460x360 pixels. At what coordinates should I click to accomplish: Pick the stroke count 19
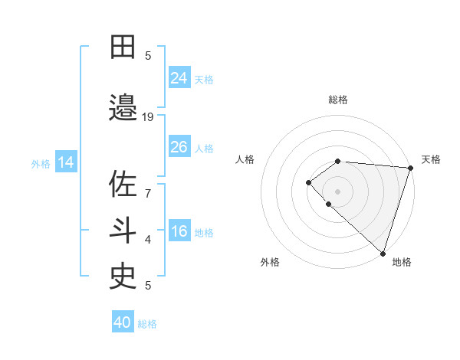click(x=149, y=117)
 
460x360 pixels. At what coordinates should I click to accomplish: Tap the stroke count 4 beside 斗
click(x=149, y=240)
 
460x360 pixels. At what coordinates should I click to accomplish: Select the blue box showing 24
click(x=179, y=78)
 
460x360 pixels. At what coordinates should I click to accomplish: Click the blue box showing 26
click(x=179, y=147)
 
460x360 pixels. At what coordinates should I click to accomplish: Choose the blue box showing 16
click(x=179, y=231)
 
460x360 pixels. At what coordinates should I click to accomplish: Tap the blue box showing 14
click(x=66, y=162)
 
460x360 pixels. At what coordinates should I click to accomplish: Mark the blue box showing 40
click(x=123, y=322)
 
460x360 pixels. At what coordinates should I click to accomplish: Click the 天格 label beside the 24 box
click(x=204, y=80)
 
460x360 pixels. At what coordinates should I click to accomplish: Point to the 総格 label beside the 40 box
click(x=148, y=324)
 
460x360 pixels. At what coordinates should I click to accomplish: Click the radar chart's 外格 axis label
click(x=270, y=262)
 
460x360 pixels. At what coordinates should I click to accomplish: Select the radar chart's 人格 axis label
click(x=245, y=159)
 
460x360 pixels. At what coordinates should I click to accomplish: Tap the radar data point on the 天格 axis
click(x=410, y=168)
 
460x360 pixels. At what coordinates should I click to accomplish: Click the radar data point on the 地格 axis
click(x=383, y=253)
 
